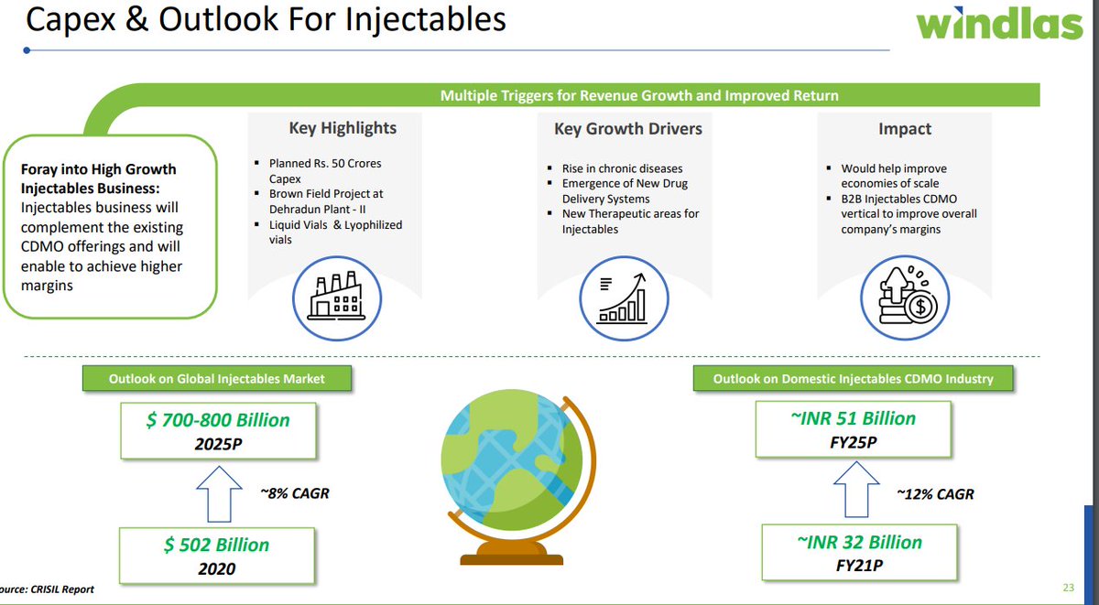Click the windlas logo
(x=999, y=24)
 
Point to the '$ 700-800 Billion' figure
(x=217, y=420)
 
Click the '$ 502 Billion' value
(x=217, y=545)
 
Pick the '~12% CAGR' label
(x=934, y=493)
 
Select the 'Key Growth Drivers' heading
(x=627, y=129)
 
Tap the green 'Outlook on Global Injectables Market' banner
(x=216, y=379)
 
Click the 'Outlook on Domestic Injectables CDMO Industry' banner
(x=853, y=378)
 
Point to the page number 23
(x=1068, y=587)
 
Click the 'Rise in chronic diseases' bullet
(x=622, y=168)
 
